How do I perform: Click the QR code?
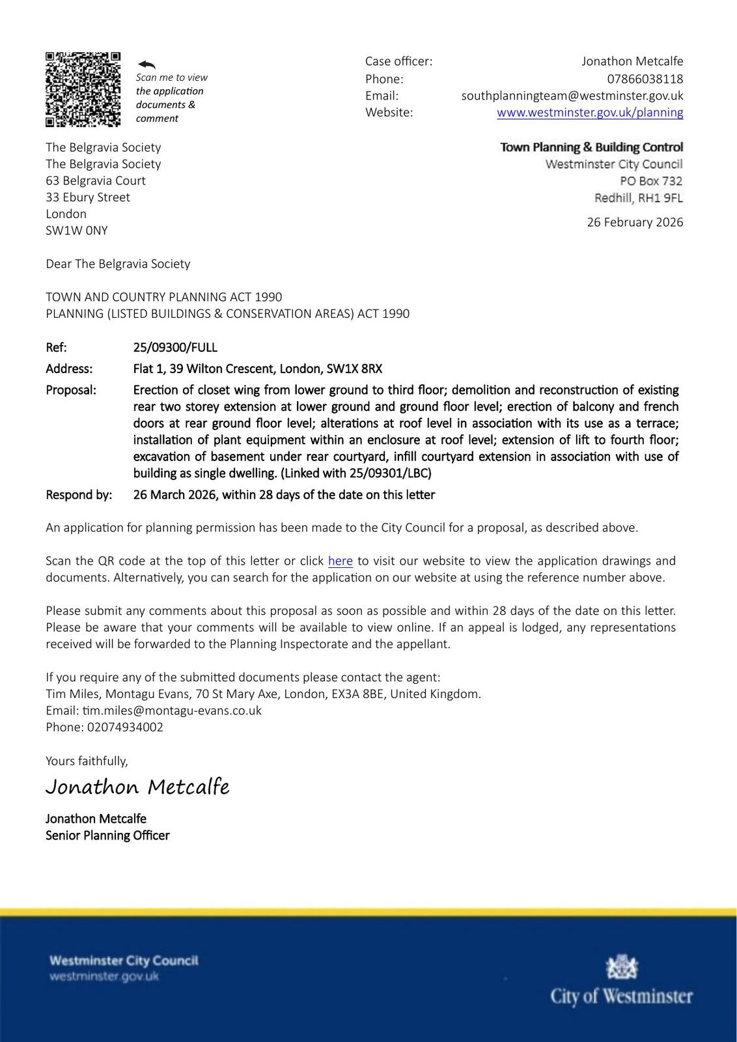coord(83,89)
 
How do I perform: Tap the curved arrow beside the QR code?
coord(146,64)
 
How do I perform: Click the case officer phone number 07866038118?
coord(645,79)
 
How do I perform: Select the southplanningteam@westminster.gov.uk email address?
coord(572,96)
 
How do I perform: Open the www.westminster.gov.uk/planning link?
coord(590,112)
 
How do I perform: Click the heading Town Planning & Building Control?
coord(591,147)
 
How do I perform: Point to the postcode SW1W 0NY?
coord(77,231)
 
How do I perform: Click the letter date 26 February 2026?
coord(635,222)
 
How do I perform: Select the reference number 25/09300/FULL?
coord(175,347)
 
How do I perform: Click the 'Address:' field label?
coord(69,369)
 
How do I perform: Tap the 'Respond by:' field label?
coord(79,494)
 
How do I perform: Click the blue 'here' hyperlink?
coord(340,561)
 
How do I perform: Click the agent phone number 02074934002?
coord(125,727)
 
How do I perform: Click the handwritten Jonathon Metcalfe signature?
coord(137,787)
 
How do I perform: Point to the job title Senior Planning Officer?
coord(107,836)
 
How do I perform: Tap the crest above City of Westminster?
coord(622,968)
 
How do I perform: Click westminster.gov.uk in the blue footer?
coord(104,976)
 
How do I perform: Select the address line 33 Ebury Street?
coord(88,197)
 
